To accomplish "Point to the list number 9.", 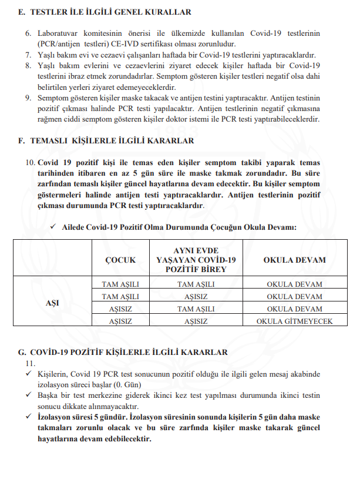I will (28, 98).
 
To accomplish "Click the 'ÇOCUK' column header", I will (120, 260).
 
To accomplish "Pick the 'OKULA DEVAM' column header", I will (294, 260).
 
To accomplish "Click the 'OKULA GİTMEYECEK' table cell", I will (294, 321).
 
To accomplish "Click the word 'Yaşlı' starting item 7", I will (46, 55).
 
